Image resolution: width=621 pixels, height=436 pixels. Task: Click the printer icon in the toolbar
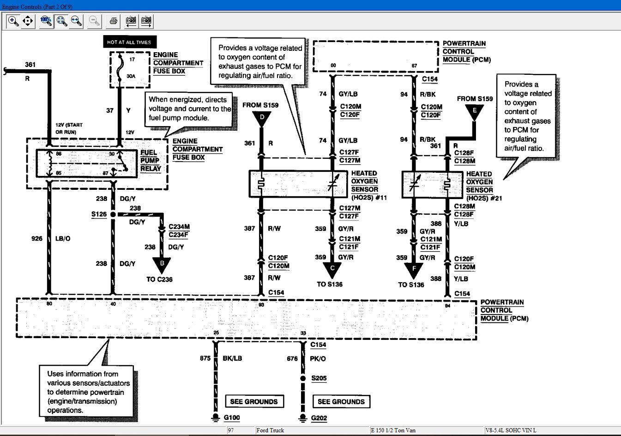click(x=114, y=21)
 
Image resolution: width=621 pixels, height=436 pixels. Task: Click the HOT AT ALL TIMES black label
click(x=129, y=42)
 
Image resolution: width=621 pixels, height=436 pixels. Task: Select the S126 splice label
click(x=99, y=214)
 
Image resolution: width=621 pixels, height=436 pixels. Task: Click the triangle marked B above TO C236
click(x=162, y=264)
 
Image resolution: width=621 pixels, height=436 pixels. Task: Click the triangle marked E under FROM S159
click(x=474, y=111)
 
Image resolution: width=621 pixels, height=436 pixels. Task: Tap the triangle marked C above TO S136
click(x=332, y=269)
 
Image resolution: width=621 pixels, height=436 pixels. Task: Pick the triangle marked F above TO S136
click(x=414, y=269)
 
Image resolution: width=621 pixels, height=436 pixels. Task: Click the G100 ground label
click(x=232, y=418)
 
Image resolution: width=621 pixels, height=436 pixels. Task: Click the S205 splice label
click(x=319, y=378)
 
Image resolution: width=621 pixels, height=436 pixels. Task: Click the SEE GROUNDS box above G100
click(x=254, y=401)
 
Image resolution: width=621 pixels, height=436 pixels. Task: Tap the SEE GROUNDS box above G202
click(x=341, y=401)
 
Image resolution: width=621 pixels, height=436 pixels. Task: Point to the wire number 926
click(x=36, y=239)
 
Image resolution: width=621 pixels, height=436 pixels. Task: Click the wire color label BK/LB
click(x=232, y=358)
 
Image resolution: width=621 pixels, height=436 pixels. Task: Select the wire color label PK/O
click(x=319, y=358)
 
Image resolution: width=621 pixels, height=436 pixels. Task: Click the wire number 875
click(x=205, y=358)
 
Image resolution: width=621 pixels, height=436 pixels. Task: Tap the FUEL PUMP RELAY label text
click(x=151, y=160)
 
